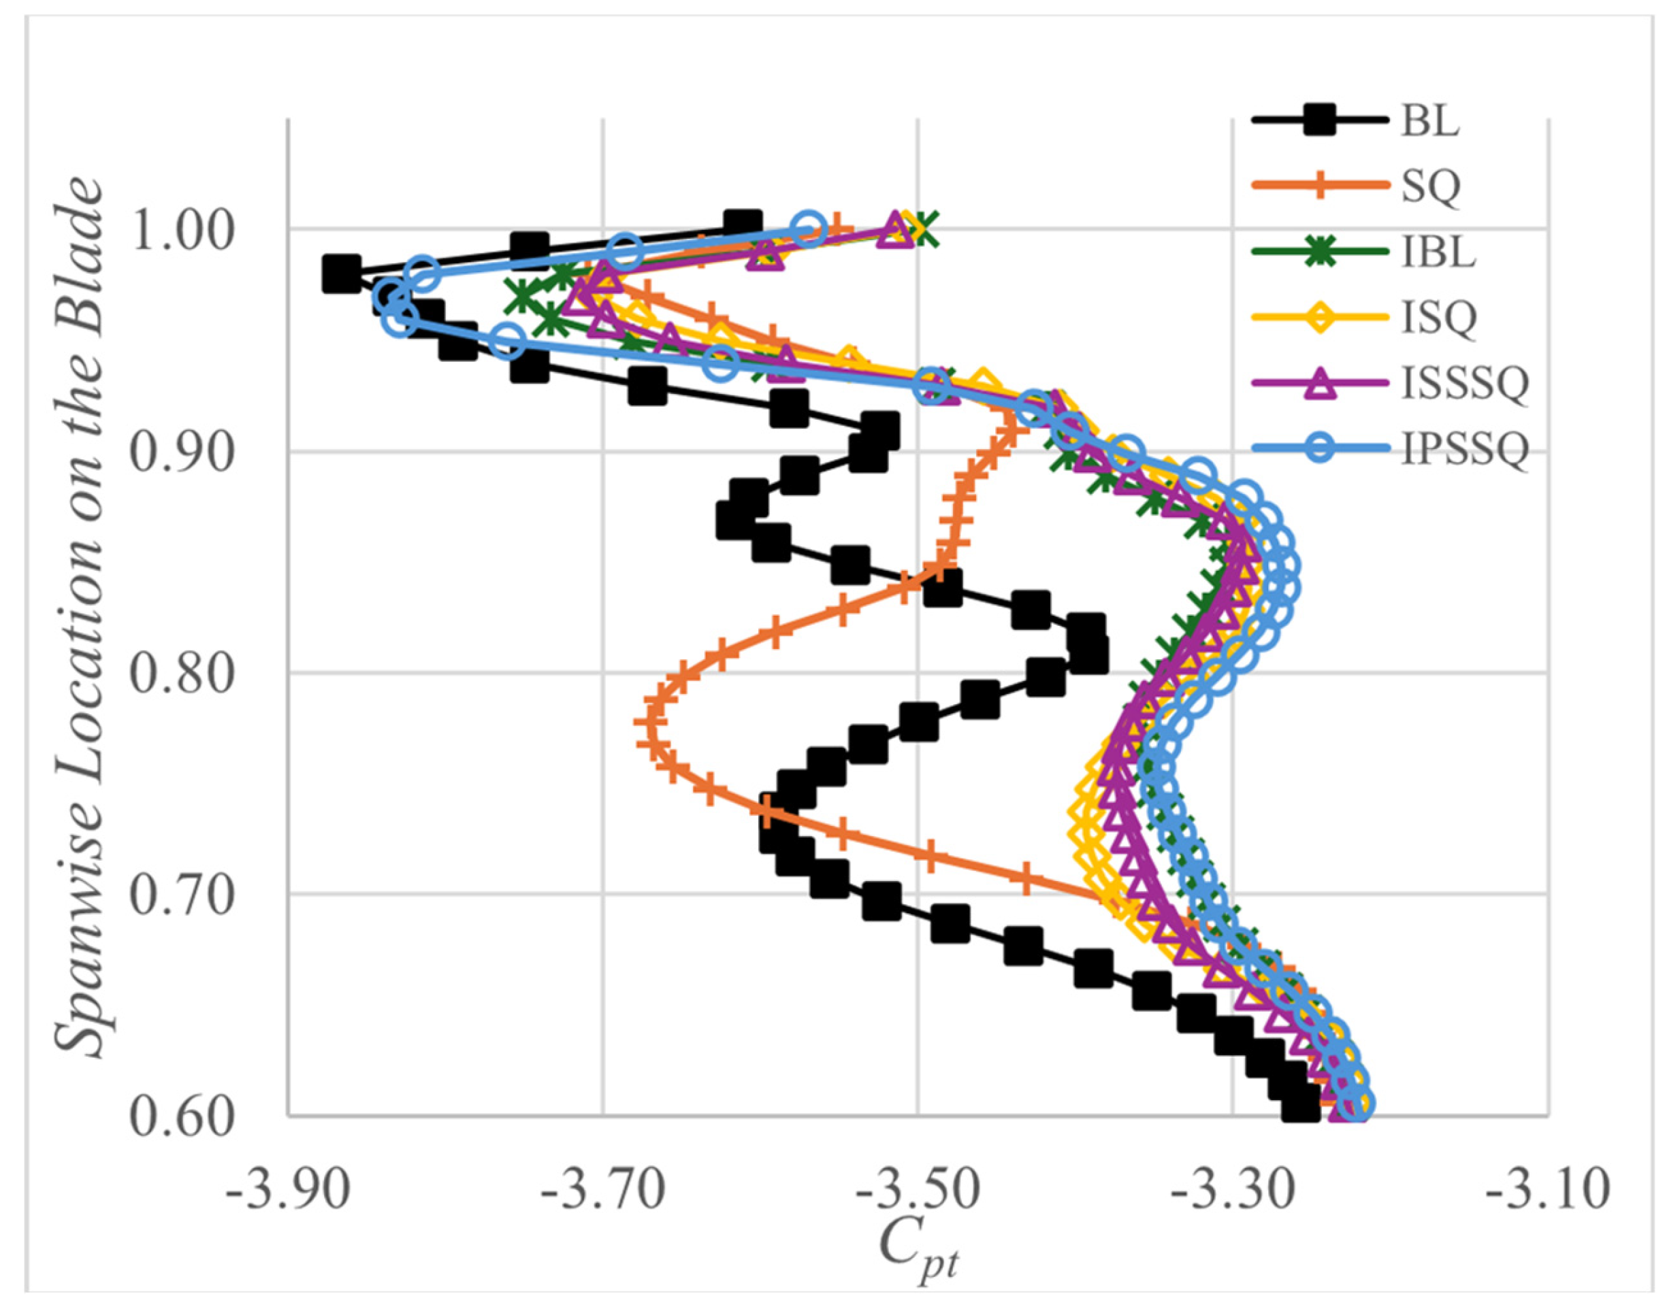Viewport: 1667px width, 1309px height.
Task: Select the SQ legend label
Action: [x=1431, y=186]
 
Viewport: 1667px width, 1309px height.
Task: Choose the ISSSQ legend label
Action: [x=1466, y=382]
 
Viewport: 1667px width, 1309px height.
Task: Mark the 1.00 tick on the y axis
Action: [x=181, y=231]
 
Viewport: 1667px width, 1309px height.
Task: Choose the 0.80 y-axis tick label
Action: [x=181, y=675]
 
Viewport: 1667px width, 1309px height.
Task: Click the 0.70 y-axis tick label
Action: [x=181, y=896]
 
